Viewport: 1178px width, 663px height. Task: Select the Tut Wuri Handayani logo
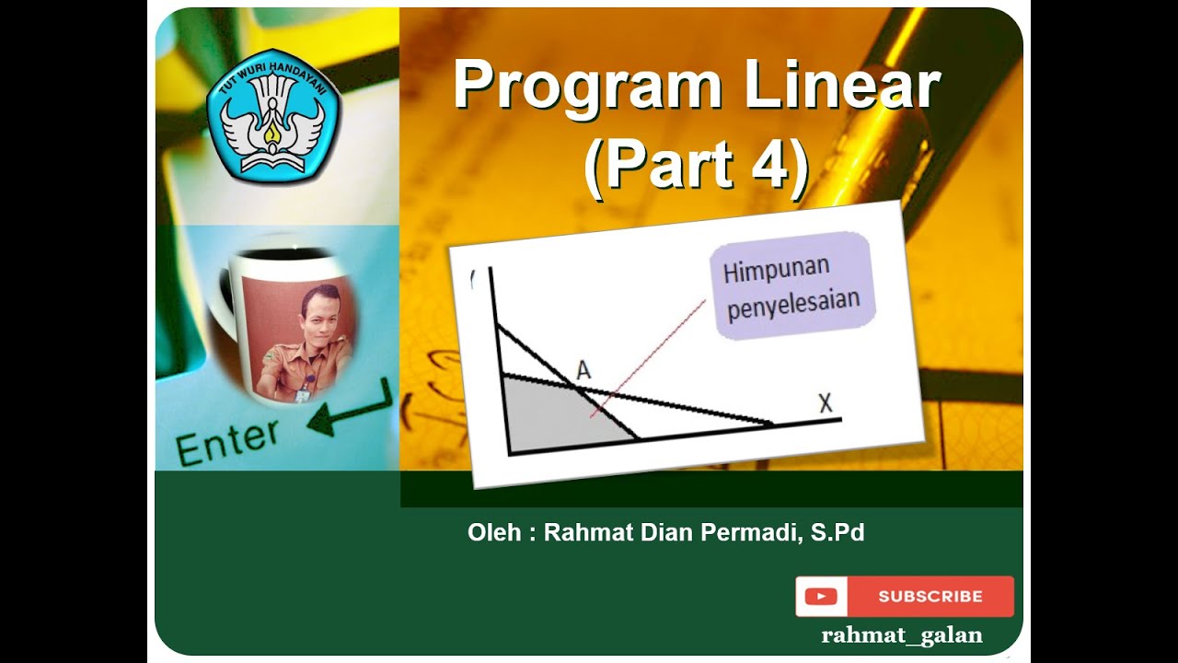[x=273, y=113]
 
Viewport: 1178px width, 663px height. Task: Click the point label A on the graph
[x=583, y=370]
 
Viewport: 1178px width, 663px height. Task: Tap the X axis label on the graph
[x=825, y=402]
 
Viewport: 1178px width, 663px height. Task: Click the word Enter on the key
[x=226, y=441]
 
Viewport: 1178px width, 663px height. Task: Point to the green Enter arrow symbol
[x=350, y=413]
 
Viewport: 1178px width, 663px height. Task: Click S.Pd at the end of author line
[x=837, y=532]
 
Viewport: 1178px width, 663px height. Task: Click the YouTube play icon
[x=820, y=597]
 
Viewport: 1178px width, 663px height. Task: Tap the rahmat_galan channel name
[x=901, y=635]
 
